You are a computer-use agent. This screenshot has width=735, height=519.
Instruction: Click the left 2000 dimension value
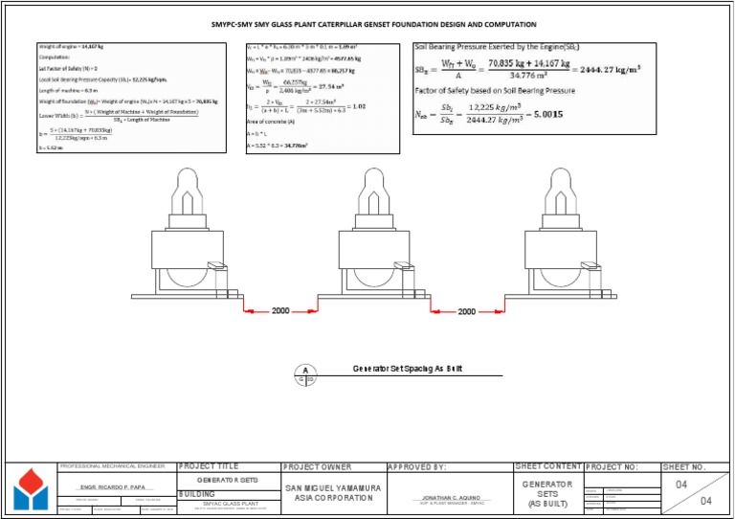coord(280,311)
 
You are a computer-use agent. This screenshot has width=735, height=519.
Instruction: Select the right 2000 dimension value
coord(466,311)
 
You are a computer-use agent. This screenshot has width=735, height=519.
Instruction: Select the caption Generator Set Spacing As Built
coord(409,369)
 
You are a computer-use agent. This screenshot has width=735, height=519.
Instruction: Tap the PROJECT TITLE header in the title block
coord(208,467)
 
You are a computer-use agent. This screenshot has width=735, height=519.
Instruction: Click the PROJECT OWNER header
coord(317,467)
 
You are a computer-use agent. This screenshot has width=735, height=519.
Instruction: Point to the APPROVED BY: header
coord(416,467)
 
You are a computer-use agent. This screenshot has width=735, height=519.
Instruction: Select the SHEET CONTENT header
coord(547,467)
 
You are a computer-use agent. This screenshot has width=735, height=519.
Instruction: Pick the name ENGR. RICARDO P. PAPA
coord(117,488)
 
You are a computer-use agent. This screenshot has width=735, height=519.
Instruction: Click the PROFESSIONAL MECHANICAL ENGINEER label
coord(108,466)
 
